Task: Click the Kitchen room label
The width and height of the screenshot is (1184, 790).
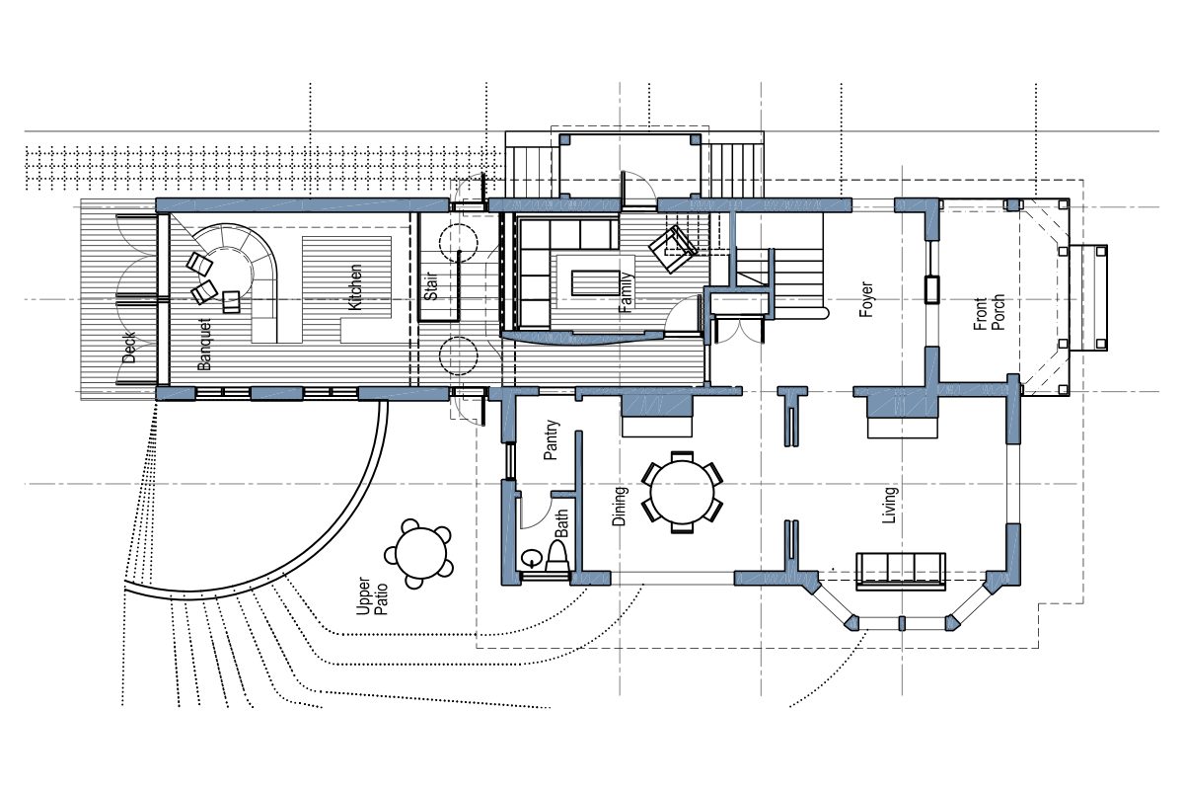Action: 355,287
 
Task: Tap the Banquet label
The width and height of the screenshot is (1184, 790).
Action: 205,344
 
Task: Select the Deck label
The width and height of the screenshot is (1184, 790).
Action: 129,347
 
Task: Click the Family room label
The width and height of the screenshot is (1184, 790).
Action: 625,293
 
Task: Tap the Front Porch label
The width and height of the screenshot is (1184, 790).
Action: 990,312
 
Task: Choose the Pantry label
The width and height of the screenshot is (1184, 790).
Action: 553,440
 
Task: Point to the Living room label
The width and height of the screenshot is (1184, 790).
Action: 890,504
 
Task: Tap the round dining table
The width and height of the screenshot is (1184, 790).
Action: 682,491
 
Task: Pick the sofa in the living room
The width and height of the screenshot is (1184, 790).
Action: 902,570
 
